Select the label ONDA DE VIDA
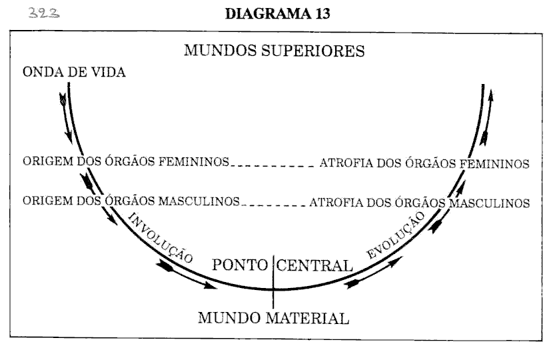point(75,73)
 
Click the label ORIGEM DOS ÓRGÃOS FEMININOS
point(127,163)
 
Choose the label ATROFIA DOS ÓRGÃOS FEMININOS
point(425,163)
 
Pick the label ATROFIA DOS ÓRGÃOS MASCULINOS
point(420,201)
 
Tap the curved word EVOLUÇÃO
point(396,238)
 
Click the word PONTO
point(241,265)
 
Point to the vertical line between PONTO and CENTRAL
point(273,280)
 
